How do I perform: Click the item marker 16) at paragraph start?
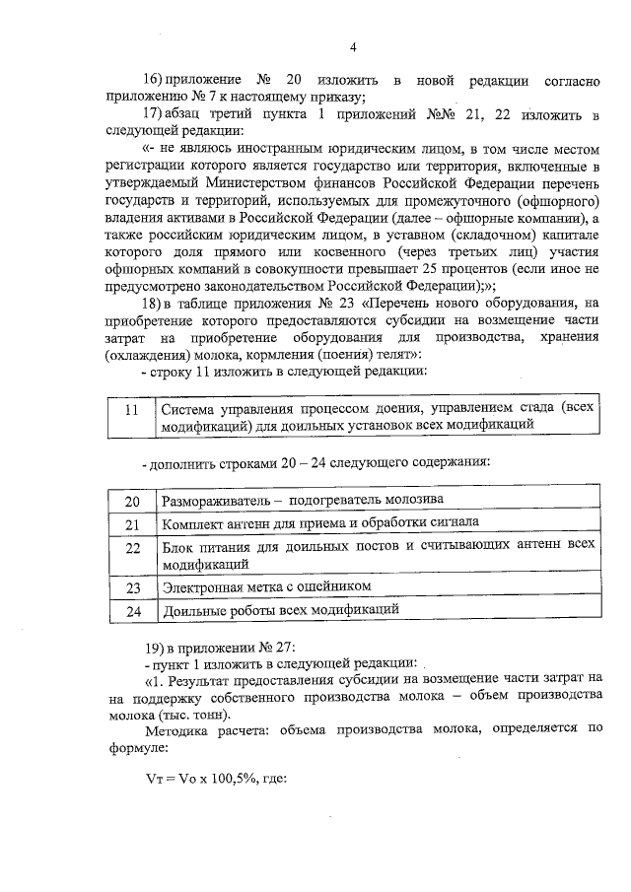155,79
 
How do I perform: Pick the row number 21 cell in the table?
132,523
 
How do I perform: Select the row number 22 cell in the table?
132,545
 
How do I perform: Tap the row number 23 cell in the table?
132,587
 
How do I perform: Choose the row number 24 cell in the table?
132,611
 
